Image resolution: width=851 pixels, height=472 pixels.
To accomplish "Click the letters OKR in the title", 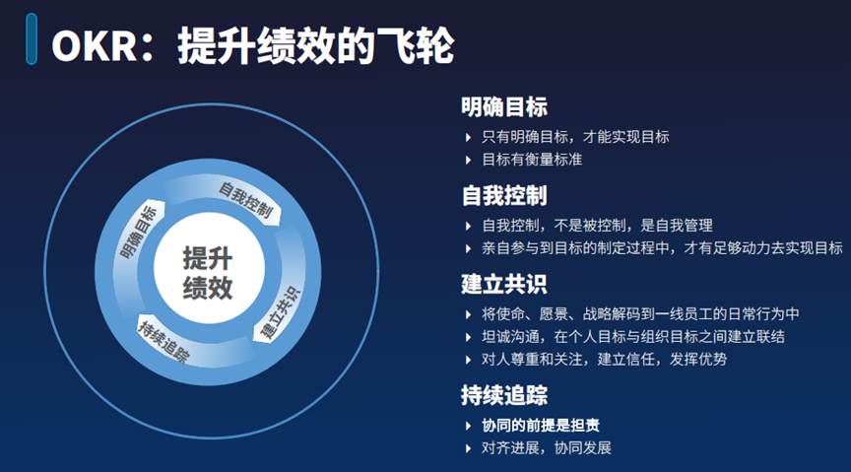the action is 95,46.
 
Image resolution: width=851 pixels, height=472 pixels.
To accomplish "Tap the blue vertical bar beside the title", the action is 32,39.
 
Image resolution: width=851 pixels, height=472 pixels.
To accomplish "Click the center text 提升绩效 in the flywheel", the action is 208,273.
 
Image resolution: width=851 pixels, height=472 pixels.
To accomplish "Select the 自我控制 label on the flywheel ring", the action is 245,200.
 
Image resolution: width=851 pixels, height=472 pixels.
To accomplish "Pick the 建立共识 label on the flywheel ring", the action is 280,313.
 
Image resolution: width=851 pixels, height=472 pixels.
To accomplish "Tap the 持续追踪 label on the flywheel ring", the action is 164,342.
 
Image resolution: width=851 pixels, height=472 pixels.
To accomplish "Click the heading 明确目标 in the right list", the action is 504,107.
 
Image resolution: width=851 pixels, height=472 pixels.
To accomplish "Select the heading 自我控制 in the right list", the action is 504,195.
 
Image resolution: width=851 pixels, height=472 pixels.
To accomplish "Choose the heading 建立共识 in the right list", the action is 504,284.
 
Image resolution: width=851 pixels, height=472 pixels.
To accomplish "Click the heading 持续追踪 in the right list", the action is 504,395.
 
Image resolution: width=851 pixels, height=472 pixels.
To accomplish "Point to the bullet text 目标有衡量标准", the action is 532,160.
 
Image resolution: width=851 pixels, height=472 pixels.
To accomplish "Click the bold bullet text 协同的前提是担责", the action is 541,426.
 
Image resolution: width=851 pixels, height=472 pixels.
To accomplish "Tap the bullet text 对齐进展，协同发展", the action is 547,448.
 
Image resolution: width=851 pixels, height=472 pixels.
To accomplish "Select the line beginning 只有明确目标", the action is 575,137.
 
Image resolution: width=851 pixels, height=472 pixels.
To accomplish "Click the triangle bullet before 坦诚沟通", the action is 469,337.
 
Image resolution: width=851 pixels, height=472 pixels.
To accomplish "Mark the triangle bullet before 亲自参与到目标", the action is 469,248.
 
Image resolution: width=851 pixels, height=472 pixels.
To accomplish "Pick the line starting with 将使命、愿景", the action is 640,314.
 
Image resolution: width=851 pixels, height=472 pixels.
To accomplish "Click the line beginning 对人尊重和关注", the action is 604,359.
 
